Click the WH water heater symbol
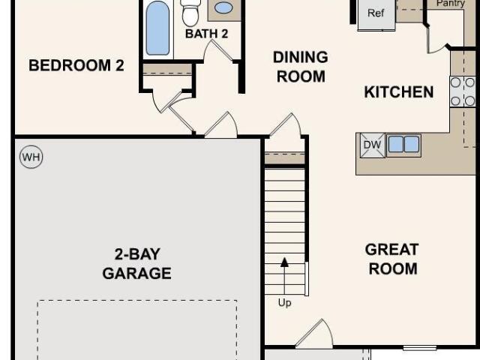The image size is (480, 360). tap(31, 157)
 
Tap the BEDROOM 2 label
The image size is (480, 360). tap(76, 65)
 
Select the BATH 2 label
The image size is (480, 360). tap(207, 34)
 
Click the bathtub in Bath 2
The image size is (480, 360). tap(157, 28)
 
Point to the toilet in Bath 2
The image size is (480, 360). tap(190, 13)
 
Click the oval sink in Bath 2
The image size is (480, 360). tap(223, 8)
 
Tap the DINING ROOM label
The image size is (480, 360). tap(301, 67)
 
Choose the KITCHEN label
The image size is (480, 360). tap(399, 91)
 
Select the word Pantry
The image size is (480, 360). tap(451, 3)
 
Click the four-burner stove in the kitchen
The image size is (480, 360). tap(462, 91)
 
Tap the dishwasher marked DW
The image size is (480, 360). tap(372, 145)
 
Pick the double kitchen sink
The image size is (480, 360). tap(403, 144)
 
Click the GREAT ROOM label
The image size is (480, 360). tap(392, 259)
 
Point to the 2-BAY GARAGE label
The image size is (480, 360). tap(136, 263)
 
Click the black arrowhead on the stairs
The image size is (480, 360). tap(285, 262)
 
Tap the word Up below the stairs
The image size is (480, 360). tap(284, 303)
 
